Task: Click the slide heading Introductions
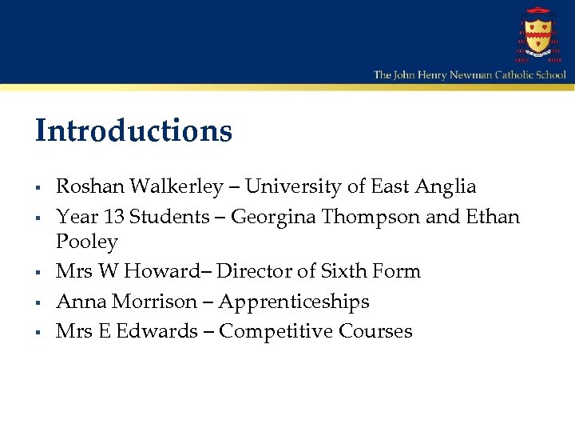(133, 130)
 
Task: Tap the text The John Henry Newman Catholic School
(470, 74)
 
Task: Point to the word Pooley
(86, 242)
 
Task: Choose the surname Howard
(169, 271)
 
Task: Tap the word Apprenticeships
(294, 302)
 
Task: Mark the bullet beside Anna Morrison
(38, 303)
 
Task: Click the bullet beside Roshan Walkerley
(38, 189)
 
